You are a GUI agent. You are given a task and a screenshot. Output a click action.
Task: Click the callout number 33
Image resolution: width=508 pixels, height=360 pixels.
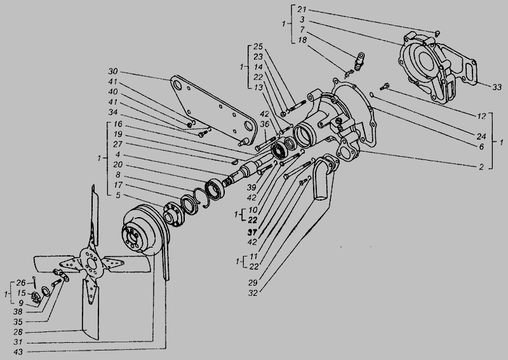(x=497, y=87)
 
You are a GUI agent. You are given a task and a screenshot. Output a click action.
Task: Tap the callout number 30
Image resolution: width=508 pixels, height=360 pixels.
(x=113, y=71)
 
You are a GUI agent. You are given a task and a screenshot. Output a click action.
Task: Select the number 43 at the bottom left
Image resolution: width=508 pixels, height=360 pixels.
(x=18, y=352)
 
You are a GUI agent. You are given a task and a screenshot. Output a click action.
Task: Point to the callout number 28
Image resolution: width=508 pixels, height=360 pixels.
(x=18, y=332)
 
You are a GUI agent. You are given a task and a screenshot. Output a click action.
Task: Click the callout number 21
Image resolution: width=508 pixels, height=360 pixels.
(x=302, y=10)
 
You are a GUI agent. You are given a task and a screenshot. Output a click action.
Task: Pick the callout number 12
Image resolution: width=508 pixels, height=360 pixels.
(x=482, y=116)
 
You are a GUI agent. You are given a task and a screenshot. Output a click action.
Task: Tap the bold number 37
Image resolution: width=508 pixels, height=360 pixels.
(x=252, y=232)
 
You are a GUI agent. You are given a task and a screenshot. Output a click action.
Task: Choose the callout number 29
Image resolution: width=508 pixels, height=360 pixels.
(x=253, y=283)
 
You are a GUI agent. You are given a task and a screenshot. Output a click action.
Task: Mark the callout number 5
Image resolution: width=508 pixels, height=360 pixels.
(x=118, y=195)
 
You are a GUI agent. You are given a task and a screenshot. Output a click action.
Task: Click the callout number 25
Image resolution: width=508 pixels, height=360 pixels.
(x=258, y=46)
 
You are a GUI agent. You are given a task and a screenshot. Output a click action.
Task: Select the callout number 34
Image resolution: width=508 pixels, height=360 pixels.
(x=113, y=112)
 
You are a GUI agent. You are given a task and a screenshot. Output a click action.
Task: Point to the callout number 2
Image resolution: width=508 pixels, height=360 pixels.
(x=481, y=166)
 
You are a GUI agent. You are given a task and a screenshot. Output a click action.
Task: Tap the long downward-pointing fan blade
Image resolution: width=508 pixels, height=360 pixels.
(x=90, y=308)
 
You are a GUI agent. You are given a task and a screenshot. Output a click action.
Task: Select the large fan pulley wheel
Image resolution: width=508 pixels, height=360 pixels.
(x=144, y=229)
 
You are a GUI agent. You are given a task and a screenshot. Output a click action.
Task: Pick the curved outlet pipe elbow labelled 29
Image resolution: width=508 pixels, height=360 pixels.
(x=324, y=177)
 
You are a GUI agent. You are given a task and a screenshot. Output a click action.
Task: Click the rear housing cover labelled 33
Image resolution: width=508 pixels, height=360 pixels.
(x=438, y=67)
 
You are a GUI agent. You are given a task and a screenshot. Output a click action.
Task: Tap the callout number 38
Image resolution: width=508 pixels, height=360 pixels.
(x=18, y=312)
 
